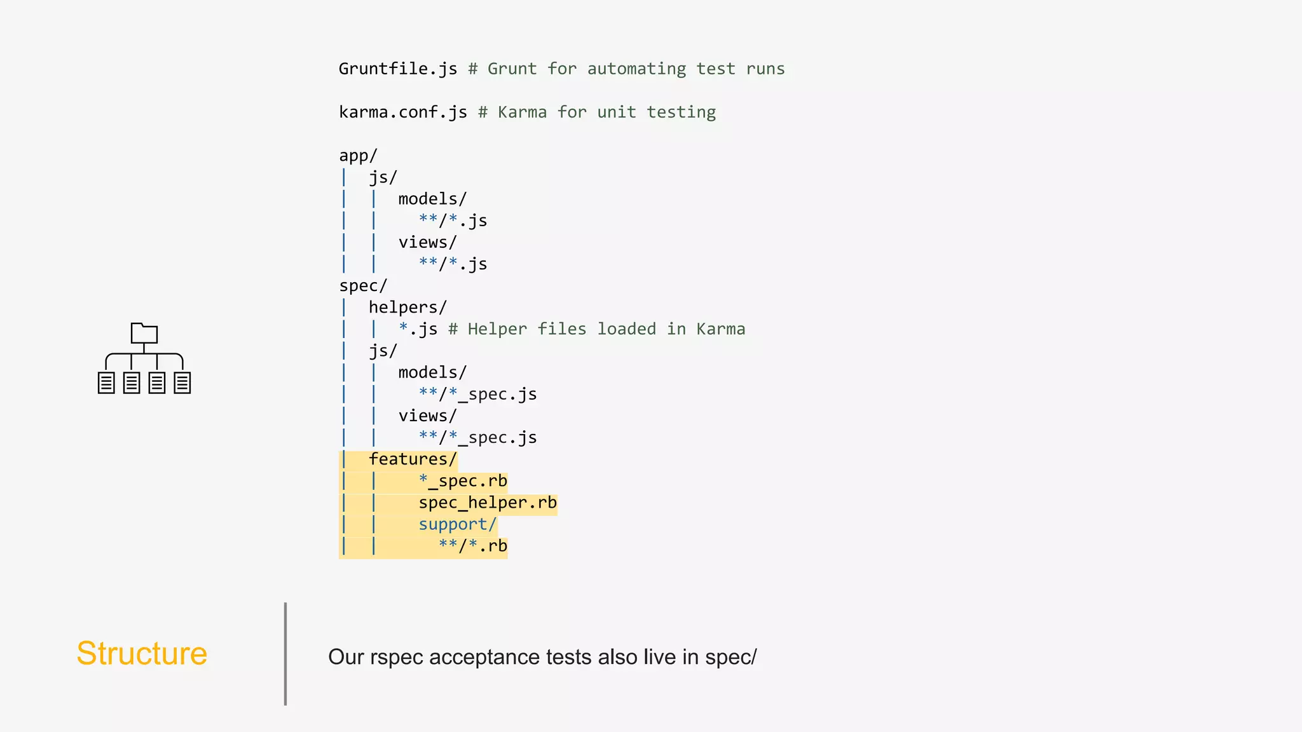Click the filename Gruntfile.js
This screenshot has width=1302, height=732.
(397, 69)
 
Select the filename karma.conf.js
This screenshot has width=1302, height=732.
(402, 112)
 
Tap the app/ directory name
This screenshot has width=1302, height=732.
(358, 156)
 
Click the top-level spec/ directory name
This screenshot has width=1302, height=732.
(363, 286)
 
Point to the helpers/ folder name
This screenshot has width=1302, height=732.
(408, 308)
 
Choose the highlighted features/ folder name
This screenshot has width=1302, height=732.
(413, 459)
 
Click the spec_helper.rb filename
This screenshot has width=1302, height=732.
(488, 503)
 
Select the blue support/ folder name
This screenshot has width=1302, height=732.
(457, 525)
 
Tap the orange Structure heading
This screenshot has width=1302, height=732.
(142, 654)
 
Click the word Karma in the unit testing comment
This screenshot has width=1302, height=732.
(522, 112)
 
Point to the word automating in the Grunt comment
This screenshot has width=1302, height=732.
(636, 69)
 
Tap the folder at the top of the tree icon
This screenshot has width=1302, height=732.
(144, 333)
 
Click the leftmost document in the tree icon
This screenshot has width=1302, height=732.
(106, 383)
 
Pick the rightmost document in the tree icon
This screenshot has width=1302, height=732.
(182, 383)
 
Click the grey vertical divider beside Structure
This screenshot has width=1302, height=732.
(285, 654)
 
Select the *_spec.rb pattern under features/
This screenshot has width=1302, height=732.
(463, 481)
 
